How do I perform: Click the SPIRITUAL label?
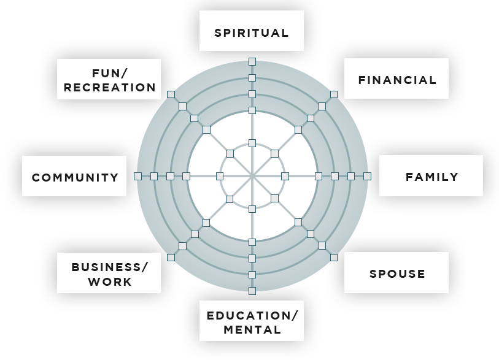click(252, 33)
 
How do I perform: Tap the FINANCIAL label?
click(397, 80)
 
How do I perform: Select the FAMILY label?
click(431, 177)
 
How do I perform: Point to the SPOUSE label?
click(397, 273)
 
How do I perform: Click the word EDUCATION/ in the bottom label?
click(252, 316)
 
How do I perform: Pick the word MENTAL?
click(252, 329)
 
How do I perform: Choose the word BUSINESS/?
click(110, 267)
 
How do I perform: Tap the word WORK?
click(110, 281)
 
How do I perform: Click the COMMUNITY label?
click(75, 177)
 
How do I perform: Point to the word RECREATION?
click(110, 87)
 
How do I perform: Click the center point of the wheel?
click(252, 176)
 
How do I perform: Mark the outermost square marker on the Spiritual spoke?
click(252, 61)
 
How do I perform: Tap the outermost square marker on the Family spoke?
click(367, 176)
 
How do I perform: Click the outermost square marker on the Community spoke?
click(137, 176)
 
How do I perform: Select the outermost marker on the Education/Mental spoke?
click(252, 290)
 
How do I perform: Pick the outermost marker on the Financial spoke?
click(333, 94)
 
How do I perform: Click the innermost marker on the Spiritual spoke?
click(252, 143)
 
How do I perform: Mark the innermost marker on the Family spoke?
click(285, 176)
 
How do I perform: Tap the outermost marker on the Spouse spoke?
click(333, 257)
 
